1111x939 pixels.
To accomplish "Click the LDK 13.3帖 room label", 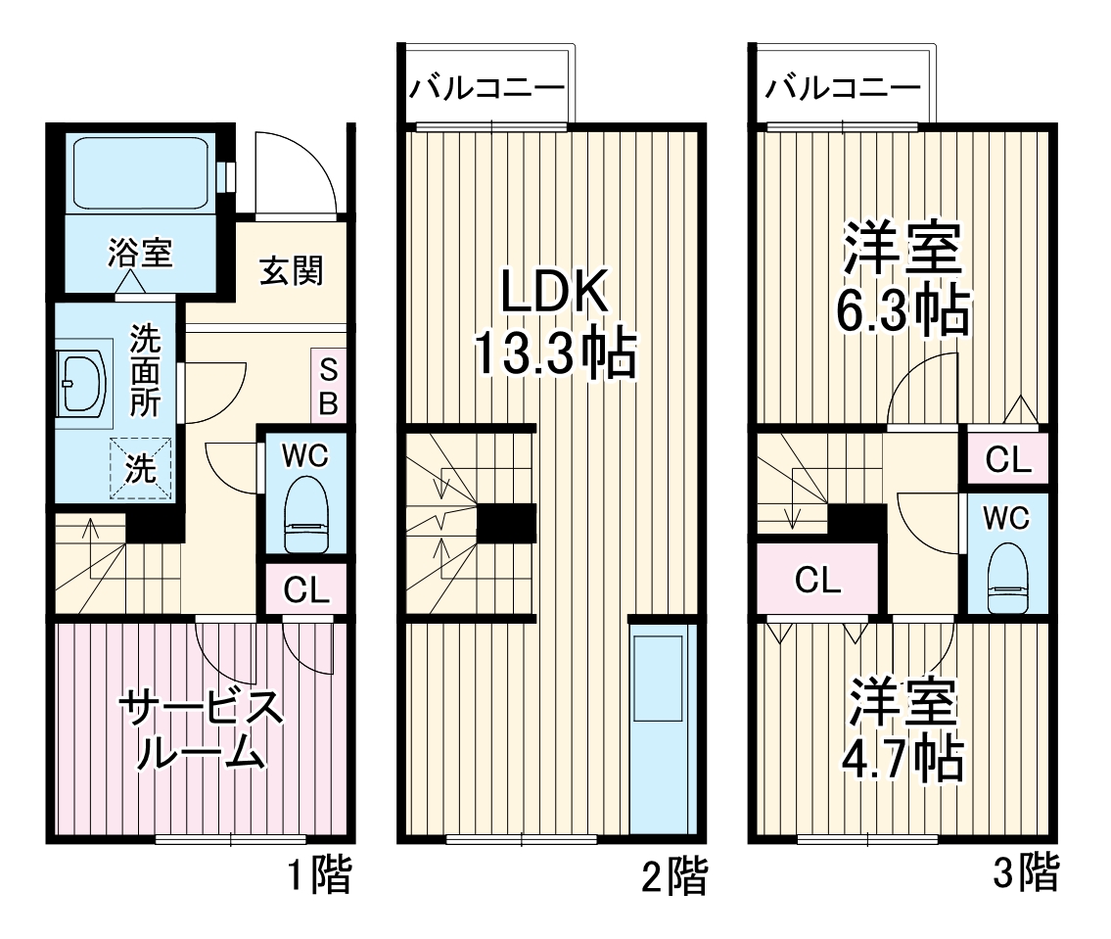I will coord(554,323).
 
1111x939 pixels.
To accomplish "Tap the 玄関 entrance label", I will coord(291,270).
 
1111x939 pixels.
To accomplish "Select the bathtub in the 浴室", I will coord(139,172).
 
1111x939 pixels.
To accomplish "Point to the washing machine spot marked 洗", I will coord(141,467).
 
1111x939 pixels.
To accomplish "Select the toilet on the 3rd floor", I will coord(1007,577).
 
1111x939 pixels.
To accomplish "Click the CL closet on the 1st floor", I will coord(306,588).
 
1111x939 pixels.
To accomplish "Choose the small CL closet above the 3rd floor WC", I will coord(1007,458).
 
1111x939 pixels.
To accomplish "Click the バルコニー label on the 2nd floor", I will coord(486,87).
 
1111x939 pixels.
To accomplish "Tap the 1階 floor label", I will coord(319,875).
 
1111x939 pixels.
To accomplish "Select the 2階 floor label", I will coord(673,875).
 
